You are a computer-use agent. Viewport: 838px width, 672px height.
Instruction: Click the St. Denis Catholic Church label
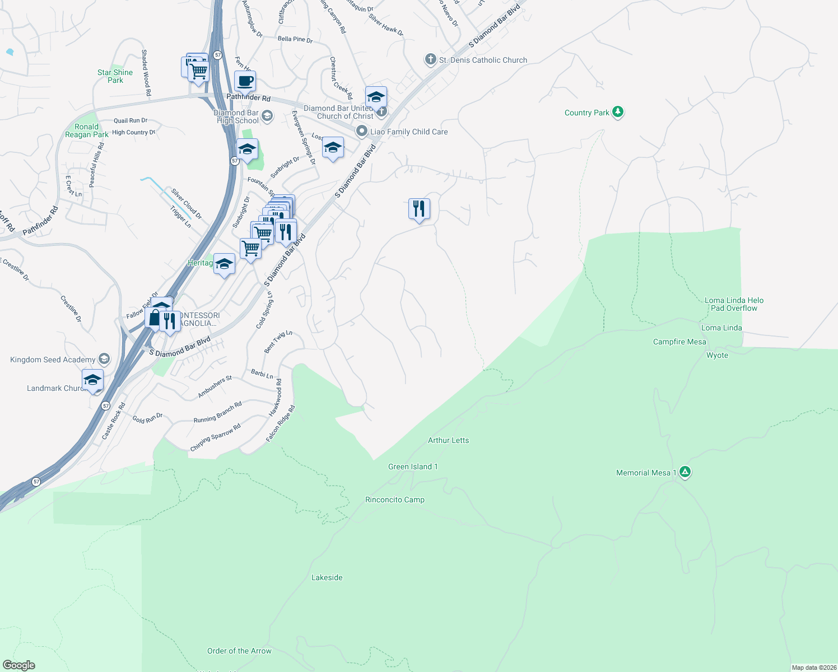tap(483, 60)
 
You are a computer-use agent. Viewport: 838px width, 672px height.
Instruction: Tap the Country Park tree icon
tap(618, 112)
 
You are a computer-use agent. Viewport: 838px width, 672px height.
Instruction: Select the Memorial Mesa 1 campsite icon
tap(685, 472)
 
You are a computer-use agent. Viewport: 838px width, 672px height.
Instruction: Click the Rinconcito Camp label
tap(394, 500)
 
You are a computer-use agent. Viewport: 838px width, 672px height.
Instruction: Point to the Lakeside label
tap(327, 577)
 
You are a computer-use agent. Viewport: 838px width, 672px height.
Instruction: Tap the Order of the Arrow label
tap(239, 651)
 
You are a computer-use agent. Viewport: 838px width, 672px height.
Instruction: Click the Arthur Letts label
tap(448, 440)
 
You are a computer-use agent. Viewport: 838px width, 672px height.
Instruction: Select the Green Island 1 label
tap(413, 466)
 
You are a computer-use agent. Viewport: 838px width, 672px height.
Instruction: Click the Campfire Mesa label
tap(679, 342)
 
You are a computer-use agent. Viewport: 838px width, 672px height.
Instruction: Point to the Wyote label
tap(717, 355)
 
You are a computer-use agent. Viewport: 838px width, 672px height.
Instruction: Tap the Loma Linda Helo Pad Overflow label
tap(734, 304)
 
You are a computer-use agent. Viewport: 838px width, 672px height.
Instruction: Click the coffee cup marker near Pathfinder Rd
tap(245, 81)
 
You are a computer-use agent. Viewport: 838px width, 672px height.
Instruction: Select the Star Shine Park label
tap(115, 76)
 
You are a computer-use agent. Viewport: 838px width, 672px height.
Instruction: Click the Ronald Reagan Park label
tap(87, 130)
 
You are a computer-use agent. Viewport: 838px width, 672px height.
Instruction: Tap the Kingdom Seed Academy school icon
tap(104, 359)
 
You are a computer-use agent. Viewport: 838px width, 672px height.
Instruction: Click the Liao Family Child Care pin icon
tap(362, 132)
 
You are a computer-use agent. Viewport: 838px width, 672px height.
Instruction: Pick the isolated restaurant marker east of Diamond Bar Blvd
tap(419, 209)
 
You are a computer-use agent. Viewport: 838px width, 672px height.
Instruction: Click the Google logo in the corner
tap(19, 665)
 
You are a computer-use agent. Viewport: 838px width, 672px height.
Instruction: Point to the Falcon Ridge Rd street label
tap(280, 423)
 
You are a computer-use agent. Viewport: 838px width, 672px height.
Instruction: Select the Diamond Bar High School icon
tap(267, 116)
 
